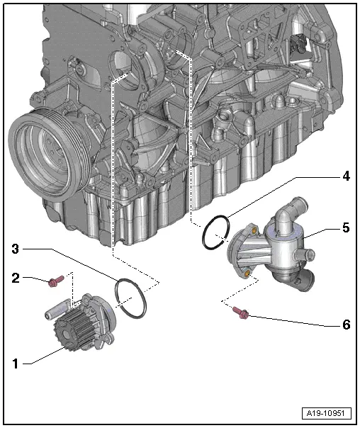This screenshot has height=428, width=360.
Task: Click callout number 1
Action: coord(15,364)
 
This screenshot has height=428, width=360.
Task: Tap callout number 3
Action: coord(15,248)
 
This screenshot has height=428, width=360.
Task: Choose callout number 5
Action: coord(345,228)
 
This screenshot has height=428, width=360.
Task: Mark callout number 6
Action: coord(345,325)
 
